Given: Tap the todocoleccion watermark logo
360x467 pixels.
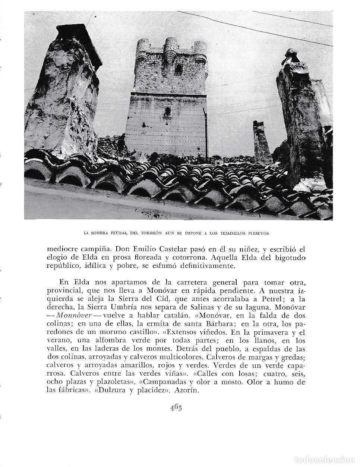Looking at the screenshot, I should pyautogui.click(x=330, y=459).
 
